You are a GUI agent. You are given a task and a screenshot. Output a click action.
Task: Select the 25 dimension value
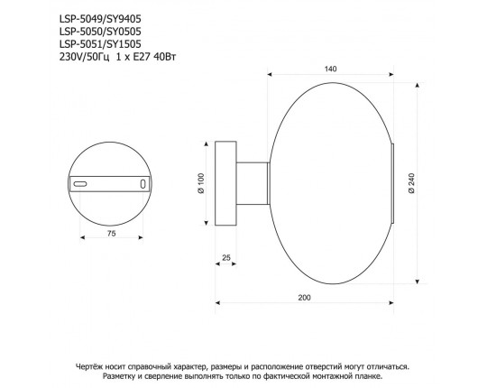(225, 258)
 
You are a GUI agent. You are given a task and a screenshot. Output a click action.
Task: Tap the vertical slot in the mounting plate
(142, 183)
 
